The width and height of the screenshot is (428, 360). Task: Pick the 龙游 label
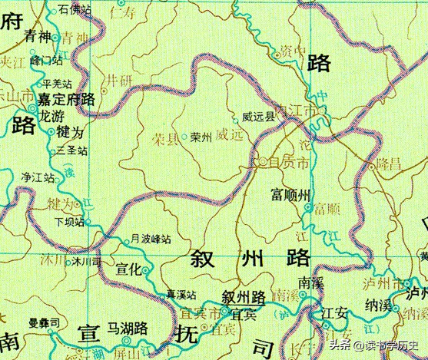click(x=52, y=116)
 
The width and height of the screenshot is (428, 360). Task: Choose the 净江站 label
click(x=38, y=177)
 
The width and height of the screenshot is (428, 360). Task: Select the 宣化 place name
click(x=129, y=269)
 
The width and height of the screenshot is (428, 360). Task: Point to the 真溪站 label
click(x=181, y=295)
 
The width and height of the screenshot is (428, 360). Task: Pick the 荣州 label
click(x=201, y=137)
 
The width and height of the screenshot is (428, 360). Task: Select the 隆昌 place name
click(x=387, y=165)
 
